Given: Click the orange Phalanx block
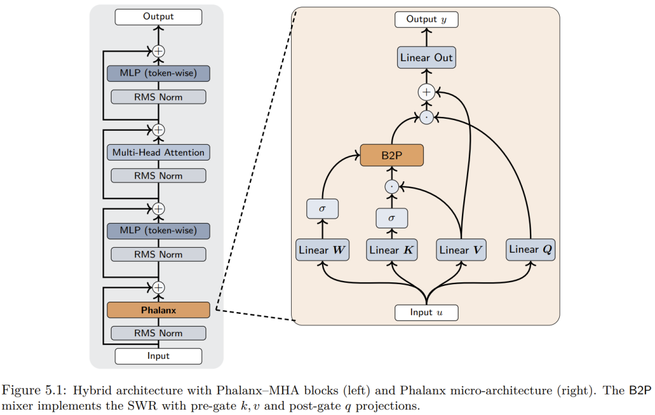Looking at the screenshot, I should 158,310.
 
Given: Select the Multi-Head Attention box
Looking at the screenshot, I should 158,153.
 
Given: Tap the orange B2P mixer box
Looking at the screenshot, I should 391,155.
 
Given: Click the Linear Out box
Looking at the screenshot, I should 426,58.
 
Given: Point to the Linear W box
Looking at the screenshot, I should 322,250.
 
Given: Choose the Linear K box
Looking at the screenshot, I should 392,250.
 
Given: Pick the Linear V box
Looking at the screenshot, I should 462,250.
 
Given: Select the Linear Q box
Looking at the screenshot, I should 531,249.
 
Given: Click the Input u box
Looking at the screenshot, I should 426,313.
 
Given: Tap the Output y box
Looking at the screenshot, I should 426,19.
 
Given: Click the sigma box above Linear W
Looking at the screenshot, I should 322,208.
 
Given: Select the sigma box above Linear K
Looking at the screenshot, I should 392,217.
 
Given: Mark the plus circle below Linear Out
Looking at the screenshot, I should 426,92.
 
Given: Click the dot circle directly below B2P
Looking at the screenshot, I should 392,187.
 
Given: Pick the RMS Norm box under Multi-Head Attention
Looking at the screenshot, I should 158,176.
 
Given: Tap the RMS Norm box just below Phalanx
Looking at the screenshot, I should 158,333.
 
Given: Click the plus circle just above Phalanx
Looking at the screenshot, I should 158,287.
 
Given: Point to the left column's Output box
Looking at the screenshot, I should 158,16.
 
